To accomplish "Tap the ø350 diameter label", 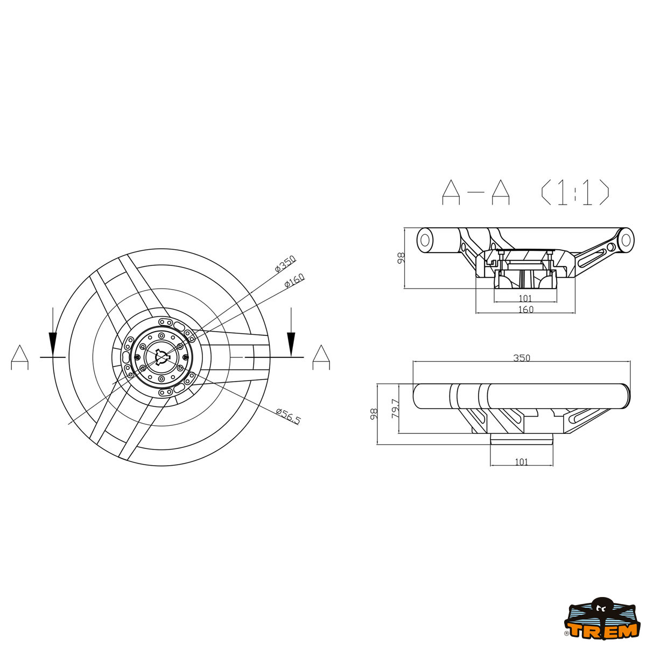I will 285,264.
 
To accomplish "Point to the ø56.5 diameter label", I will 289,416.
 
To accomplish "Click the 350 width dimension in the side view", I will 521,358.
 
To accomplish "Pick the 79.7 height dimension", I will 396,409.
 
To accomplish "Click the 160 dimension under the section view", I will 525,310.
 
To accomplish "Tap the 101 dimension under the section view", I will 525,298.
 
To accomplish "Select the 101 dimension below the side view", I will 521,462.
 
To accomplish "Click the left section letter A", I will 20,357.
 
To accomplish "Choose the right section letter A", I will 321,357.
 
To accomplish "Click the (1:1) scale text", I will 575,192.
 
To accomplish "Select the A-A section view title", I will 475,192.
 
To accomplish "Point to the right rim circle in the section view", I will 626,240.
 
